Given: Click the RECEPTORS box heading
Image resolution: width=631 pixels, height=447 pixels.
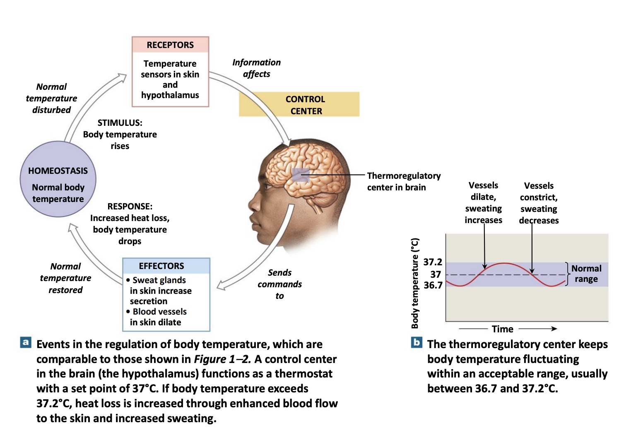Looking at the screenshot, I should tap(170, 45).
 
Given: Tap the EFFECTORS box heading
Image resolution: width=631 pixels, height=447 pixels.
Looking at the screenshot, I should tap(161, 266).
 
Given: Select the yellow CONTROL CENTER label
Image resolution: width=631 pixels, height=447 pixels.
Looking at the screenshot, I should tap(306, 105).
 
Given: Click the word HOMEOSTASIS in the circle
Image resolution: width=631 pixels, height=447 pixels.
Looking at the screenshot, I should tap(58, 171).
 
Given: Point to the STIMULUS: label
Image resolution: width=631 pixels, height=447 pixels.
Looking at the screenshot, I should tap(120, 123).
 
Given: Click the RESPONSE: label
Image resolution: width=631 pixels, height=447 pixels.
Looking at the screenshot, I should tap(130, 207).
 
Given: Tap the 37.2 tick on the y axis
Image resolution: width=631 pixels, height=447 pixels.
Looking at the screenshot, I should tap(433, 262).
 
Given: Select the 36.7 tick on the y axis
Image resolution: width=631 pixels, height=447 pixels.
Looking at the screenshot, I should tap(433, 285).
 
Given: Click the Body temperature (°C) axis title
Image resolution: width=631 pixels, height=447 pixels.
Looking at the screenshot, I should tap(415, 283).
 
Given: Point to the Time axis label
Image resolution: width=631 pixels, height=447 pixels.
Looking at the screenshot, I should tap(502, 329).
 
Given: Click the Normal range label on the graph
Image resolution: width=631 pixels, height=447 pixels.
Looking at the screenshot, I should tap(586, 274).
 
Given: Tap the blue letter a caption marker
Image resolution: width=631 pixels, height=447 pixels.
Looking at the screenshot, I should tap(26, 342).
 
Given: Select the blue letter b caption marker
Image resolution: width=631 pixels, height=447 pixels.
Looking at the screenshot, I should tap(417, 342).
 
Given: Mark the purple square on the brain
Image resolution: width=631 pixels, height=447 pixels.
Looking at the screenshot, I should tap(301, 175).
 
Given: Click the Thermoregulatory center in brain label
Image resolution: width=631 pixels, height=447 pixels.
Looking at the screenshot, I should tap(403, 181).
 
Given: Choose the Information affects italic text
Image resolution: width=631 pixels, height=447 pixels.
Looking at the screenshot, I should tap(256, 68).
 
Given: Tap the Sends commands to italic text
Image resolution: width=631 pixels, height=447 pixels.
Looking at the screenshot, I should tap(279, 284).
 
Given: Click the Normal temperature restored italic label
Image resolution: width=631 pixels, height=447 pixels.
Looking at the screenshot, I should tap(65, 278).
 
